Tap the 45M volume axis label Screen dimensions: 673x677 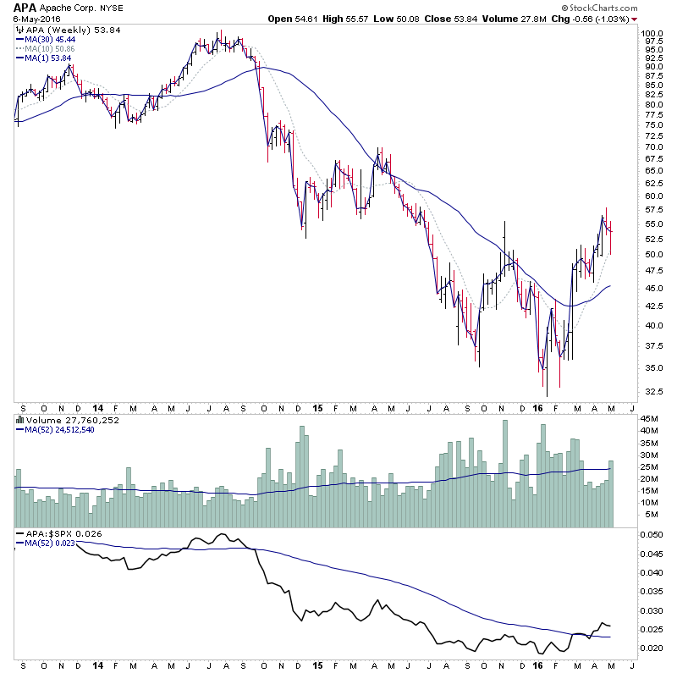coord(649,418)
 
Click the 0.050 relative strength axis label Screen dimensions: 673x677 coord(652,535)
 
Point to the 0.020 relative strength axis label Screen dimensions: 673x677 coord(652,648)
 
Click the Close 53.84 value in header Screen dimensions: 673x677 coord(466,19)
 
